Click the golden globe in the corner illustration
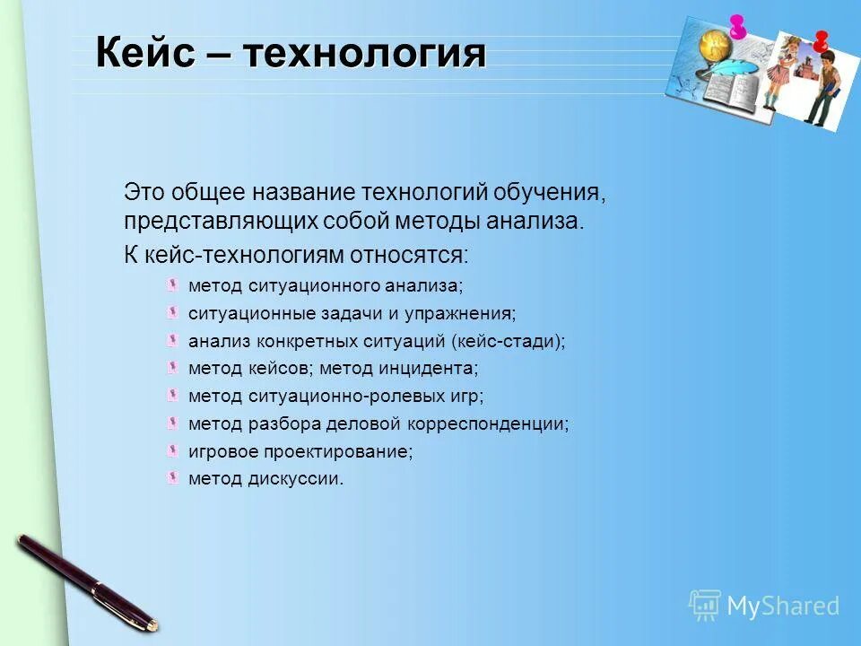click(714, 45)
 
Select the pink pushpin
click(738, 26)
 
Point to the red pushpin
click(820, 39)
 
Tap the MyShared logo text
click(782, 606)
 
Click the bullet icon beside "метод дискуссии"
click(172, 477)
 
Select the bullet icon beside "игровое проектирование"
click(172, 450)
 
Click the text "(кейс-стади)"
click(509, 341)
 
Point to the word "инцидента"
click(434, 369)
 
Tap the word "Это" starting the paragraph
click(143, 193)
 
